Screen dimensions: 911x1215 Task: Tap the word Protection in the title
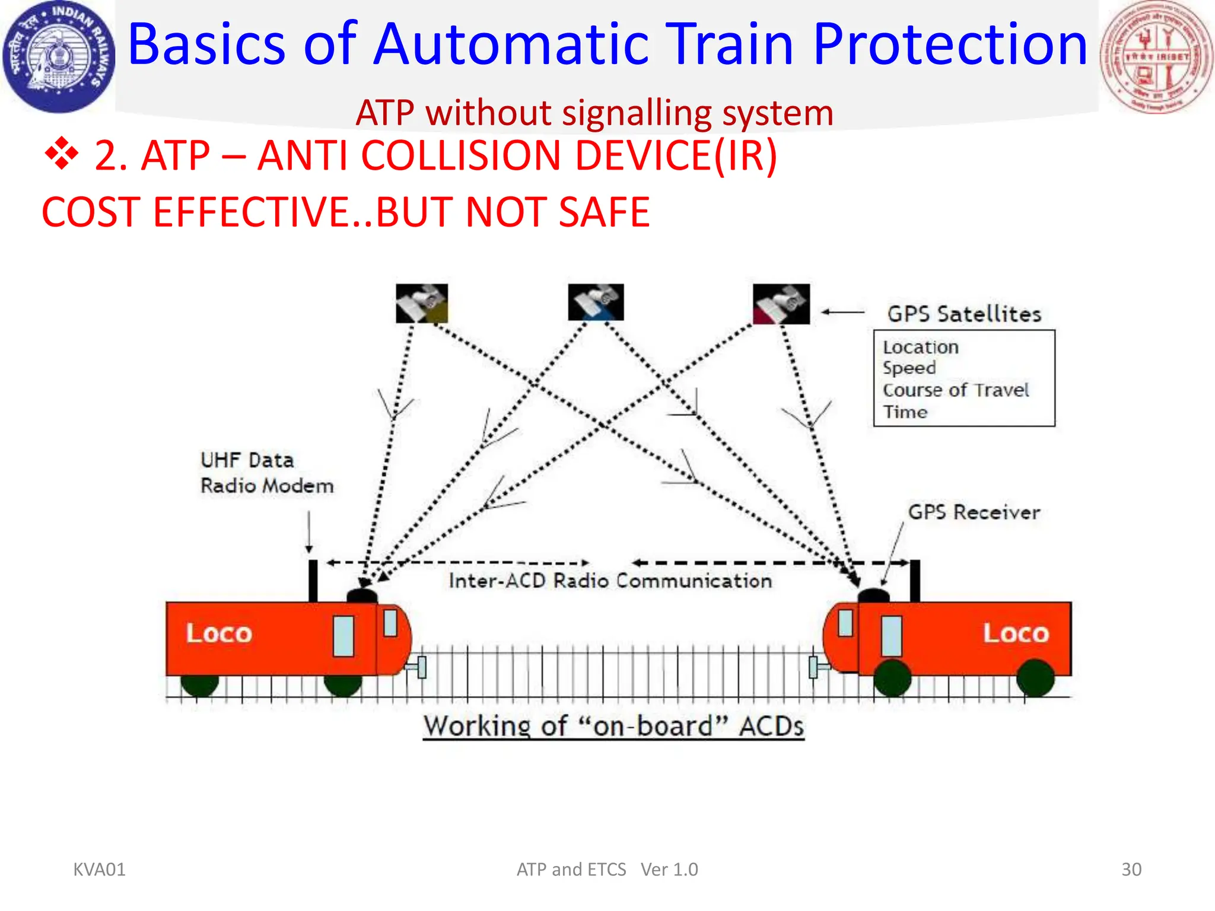click(x=950, y=44)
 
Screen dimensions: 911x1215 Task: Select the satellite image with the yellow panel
click(x=422, y=304)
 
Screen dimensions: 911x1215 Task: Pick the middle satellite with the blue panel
click(x=596, y=302)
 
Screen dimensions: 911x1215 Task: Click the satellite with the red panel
click(x=781, y=304)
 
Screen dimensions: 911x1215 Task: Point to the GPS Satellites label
click(x=964, y=314)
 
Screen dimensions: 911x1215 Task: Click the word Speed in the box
click(x=909, y=368)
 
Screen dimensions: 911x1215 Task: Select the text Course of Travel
click(x=955, y=390)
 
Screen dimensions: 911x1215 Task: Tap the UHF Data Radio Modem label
click(x=266, y=473)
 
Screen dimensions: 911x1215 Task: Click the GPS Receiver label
click(x=974, y=512)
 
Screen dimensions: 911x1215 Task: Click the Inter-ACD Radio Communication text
click(x=610, y=581)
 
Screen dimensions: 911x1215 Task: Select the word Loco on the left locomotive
click(x=219, y=633)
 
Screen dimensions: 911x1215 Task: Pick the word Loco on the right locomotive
click(x=1016, y=633)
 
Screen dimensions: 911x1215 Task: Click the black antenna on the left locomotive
click(x=313, y=581)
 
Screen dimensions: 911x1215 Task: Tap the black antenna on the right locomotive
click(x=915, y=581)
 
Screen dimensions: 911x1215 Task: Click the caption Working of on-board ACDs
click(x=613, y=727)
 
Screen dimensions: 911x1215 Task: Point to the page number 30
click(x=1131, y=869)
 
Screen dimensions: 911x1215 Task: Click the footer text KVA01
click(x=99, y=869)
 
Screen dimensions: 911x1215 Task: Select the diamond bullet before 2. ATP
click(x=61, y=154)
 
